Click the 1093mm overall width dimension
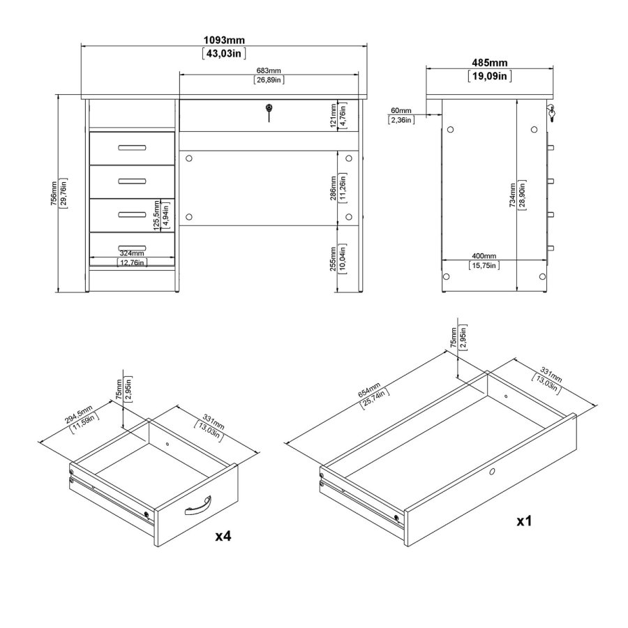(x=224, y=40)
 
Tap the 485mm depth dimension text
(x=489, y=63)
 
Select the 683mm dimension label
(x=269, y=71)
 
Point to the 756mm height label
(x=54, y=193)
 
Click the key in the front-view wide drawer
(x=269, y=112)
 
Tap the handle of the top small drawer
(x=132, y=148)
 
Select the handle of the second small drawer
(x=132, y=181)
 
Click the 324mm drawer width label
(x=132, y=253)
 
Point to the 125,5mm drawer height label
(x=156, y=216)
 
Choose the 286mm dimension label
(x=334, y=188)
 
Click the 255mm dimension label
(x=333, y=259)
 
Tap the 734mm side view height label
(x=512, y=195)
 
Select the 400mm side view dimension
(x=484, y=256)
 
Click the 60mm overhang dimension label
(x=401, y=110)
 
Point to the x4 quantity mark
(x=223, y=536)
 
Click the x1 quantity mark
(x=524, y=521)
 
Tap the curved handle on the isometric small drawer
(x=198, y=505)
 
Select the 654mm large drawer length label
(x=369, y=390)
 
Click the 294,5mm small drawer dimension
(x=79, y=414)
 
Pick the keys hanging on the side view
(x=551, y=113)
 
